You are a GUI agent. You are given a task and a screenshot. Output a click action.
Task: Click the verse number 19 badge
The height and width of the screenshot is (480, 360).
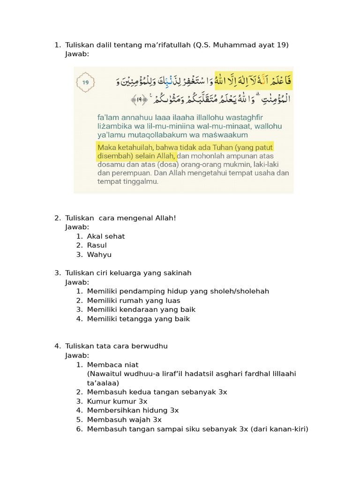coord(86,82)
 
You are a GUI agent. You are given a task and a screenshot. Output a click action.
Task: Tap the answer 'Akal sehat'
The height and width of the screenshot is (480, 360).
coord(106,236)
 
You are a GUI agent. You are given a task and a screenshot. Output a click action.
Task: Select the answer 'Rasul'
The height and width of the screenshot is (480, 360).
coord(97,246)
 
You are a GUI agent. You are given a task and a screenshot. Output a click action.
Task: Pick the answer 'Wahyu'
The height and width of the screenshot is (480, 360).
coord(99,255)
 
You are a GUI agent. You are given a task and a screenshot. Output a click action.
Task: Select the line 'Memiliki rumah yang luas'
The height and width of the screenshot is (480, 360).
coord(134,300)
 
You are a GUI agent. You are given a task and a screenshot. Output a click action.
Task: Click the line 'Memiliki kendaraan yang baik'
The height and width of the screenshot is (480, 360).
coord(141,310)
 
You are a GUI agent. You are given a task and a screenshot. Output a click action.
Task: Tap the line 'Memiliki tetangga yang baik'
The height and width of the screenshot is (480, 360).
coord(138,319)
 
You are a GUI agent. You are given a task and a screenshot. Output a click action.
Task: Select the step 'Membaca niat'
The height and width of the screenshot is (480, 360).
coord(112,365)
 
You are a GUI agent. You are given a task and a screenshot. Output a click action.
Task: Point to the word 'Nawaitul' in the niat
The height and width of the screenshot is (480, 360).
coord(103,374)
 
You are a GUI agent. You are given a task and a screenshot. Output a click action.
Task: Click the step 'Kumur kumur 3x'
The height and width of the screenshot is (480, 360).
coord(117,402)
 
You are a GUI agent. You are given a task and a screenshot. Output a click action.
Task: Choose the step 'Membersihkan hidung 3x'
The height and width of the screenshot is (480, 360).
coord(133,411)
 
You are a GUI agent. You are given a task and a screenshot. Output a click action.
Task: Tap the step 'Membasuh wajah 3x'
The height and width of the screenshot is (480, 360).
coord(124,420)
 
